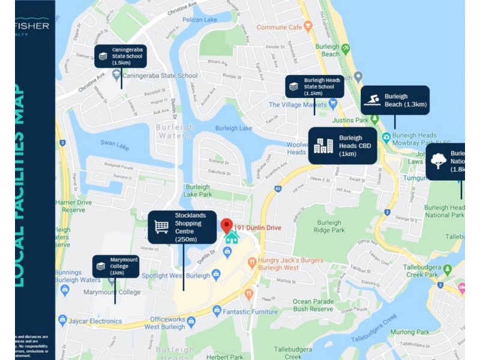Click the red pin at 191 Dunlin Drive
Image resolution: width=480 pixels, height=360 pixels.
coord(226,226)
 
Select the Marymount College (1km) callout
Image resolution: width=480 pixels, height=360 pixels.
coord(116,266)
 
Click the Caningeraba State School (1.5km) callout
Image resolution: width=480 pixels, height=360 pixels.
coord(120,56)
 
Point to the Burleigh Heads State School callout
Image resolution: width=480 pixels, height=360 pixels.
coord(314,86)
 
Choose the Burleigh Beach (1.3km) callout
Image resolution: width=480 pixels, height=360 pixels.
coord(395,100)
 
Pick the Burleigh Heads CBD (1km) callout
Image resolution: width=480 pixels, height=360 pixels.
coord(343,146)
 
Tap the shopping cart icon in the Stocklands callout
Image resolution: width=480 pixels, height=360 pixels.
coord(161,227)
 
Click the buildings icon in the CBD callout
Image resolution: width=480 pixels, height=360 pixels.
coord(323,146)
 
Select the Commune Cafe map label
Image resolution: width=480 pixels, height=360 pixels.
coord(279,27)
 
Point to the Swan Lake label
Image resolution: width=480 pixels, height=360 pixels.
coord(114,146)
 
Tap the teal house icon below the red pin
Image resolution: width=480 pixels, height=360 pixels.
coord(231,238)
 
